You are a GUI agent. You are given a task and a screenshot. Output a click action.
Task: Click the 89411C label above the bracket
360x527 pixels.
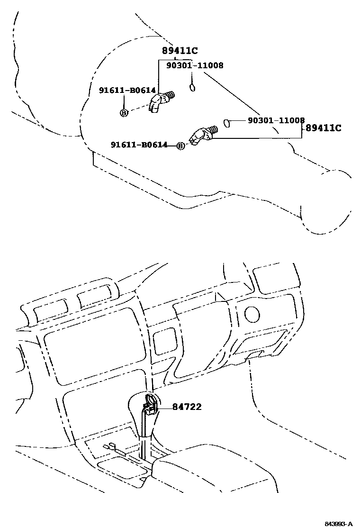coord(180,52)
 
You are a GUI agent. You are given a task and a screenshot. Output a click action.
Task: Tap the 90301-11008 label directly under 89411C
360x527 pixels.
coord(195,66)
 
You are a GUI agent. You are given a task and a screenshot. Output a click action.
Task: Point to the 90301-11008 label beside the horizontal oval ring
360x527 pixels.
coord(276,121)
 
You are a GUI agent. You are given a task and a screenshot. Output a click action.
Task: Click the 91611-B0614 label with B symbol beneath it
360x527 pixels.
coord(123,91)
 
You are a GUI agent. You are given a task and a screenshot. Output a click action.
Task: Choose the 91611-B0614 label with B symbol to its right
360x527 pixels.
coord(139,145)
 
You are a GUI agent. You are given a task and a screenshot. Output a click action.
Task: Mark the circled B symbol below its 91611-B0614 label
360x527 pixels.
coord(123,112)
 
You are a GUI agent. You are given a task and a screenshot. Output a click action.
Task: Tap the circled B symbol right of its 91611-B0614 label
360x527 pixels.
coord(180,146)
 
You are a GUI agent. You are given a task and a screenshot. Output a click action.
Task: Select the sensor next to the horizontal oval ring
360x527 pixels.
coord(202,135)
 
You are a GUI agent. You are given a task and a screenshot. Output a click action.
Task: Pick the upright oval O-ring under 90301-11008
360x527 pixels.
coord(192,88)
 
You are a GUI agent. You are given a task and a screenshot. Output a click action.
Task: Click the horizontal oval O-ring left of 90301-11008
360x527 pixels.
coord(227,123)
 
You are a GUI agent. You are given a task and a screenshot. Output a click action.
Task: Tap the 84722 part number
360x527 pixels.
coord(187,407)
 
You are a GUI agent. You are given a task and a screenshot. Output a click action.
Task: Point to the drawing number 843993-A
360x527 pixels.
coord(338,524)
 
